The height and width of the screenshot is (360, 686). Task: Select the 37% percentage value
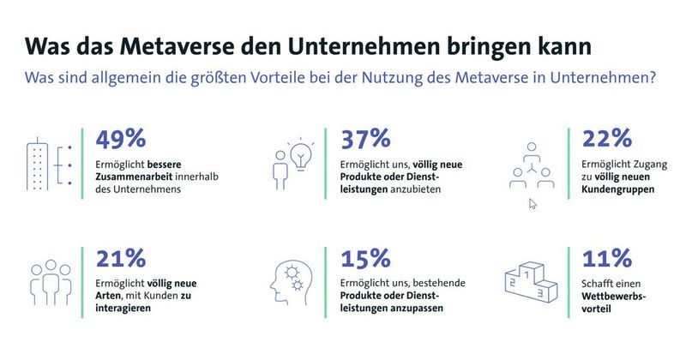(x=366, y=139)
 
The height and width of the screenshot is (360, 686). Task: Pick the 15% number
(x=365, y=258)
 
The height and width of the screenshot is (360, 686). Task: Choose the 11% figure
(x=606, y=258)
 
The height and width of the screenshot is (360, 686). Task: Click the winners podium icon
(x=529, y=282)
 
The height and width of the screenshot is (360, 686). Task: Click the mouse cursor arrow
(x=533, y=204)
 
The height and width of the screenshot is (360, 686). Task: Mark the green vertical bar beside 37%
(x=328, y=165)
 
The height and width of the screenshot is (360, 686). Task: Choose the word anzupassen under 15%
(x=415, y=309)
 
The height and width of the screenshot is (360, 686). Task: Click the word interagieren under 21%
(x=124, y=309)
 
